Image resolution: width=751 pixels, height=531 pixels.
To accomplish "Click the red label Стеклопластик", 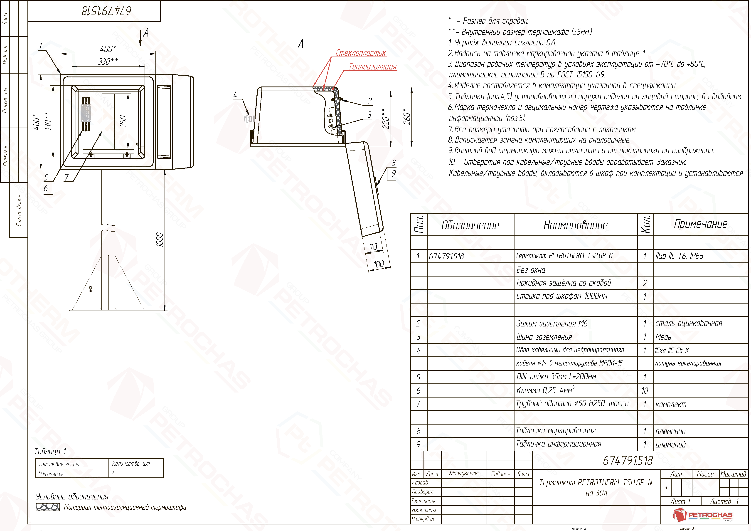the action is pyautogui.click(x=361, y=53).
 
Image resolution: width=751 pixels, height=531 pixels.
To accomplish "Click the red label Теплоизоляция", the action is pyautogui.click(x=373, y=67).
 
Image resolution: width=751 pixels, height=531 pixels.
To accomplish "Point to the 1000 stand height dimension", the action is pyautogui.click(x=160, y=240).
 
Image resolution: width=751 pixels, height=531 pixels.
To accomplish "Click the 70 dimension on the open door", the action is pyautogui.click(x=373, y=247).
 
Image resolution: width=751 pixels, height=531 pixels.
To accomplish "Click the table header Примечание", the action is pyautogui.click(x=701, y=224).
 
